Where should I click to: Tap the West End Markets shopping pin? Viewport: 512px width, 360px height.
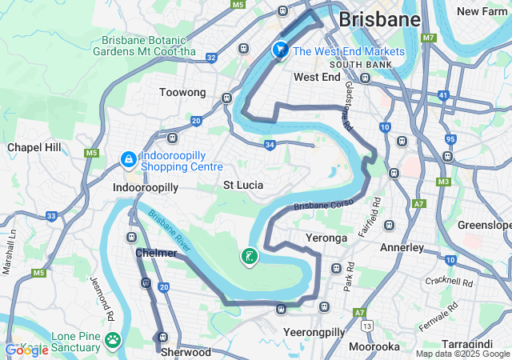pos(280,50)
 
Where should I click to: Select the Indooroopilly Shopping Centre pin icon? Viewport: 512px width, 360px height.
pos(127,161)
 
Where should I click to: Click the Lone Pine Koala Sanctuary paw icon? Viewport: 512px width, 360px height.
pos(113,341)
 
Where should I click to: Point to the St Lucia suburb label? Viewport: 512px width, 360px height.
pos(243,186)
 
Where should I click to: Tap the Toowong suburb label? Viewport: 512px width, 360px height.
pos(182,93)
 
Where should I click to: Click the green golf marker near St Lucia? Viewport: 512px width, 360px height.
pos(250,257)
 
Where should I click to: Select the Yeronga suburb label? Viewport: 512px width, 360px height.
pos(326,238)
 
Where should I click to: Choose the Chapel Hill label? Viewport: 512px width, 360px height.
pos(34,147)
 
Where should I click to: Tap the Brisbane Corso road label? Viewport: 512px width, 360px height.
pos(323,206)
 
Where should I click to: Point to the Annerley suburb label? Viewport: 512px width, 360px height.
pos(402,247)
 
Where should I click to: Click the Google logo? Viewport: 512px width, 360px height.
pos(26,350)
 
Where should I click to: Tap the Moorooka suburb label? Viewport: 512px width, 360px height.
pos(374,346)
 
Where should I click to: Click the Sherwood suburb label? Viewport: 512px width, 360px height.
pos(186,352)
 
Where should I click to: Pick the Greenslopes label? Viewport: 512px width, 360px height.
pos(484,226)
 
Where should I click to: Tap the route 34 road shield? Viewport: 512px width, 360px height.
pos(270,145)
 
